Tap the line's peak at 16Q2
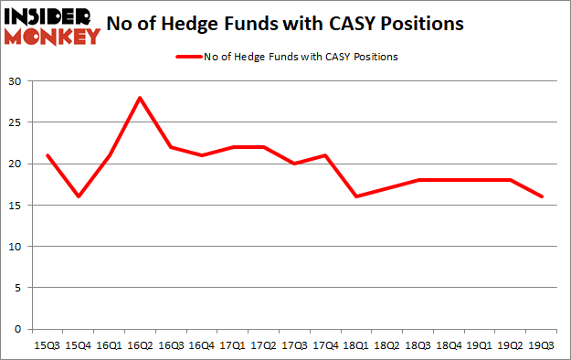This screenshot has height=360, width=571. [140, 98]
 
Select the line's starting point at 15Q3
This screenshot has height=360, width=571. [47, 155]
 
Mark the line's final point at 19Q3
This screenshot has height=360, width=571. [543, 196]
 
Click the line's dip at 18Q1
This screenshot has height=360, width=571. [356, 196]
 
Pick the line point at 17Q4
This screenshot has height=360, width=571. [325, 155]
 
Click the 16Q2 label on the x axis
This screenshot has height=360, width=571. [140, 347]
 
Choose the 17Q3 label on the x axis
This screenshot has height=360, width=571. [294, 347]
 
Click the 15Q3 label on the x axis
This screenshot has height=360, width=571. [47, 347]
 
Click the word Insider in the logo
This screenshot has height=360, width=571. [50, 16]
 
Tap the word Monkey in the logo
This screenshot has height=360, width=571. [55, 37]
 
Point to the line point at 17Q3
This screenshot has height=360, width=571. [294, 164]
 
